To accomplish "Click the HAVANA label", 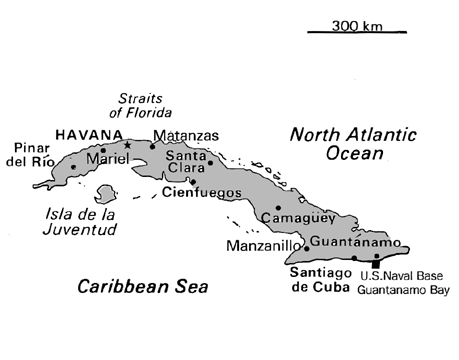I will pos(89,134).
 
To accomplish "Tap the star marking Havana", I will pos(127,145).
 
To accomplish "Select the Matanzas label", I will pos(183,134).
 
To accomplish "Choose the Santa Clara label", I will pos(186,162).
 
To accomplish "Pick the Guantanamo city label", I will pos(355,241).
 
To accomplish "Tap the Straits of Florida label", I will pos(141,105).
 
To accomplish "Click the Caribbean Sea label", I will pos(143,288).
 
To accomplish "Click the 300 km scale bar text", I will pos(355,24).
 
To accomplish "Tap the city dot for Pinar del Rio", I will pos(73,167).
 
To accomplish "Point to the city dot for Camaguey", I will pos(277,207).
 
